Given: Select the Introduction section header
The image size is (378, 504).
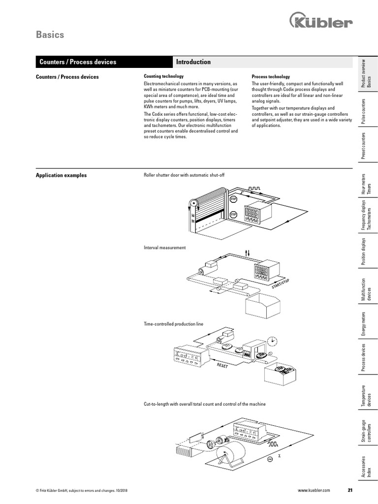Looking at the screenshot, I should click(x=193, y=62).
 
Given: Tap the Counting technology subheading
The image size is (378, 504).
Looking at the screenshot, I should click(x=163, y=76).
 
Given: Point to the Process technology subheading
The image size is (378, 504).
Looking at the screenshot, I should click(x=271, y=77).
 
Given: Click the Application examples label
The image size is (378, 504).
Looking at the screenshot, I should click(x=62, y=175).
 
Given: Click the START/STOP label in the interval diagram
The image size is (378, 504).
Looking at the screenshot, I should click(x=281, y=284).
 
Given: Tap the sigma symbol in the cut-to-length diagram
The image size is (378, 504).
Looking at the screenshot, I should click(x=280, y=456).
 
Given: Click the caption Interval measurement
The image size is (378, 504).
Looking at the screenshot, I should click(x=165, y=248).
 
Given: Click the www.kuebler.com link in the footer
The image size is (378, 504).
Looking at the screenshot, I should click(x=314, y=491).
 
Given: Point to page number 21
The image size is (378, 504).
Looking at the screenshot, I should click(x=350, y=491).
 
